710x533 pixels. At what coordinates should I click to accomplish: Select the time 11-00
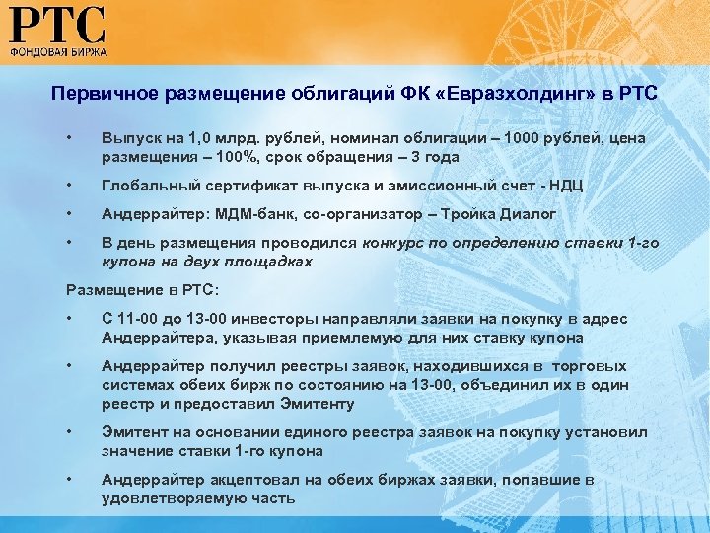click(x=142, y=319)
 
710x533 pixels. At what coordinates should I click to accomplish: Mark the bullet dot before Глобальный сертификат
click(x=69, y=186)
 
